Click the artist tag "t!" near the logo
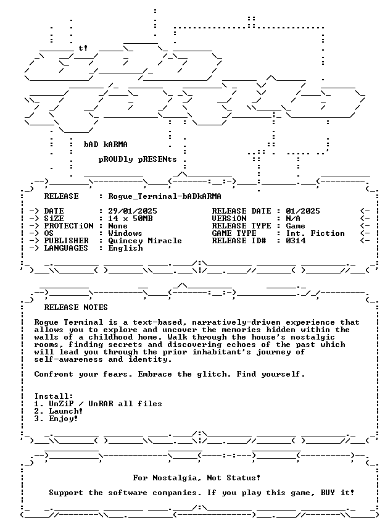[x=83, y=48]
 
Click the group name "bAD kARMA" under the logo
[x=106, y=144]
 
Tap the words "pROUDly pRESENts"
[x=138, y=159]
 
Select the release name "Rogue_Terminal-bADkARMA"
[x=165, y=196]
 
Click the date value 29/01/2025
[x=133, y=211]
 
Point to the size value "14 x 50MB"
[x=130, y=219]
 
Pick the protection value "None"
[x=118, y=226]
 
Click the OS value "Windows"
[x=125, y=233]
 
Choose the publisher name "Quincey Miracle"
[x=145, y=241]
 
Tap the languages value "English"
[x=125, y=248]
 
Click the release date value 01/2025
[x=303, y=211]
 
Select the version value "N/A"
[x=293, y=219]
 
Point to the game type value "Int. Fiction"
[x=315, y=233]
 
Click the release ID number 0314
[x=296, y=241]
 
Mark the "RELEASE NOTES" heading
[x=76, y=307]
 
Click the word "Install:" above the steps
[x=54, y=396]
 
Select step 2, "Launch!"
[x=66, y=411]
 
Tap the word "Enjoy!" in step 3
[x=64, y=419]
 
